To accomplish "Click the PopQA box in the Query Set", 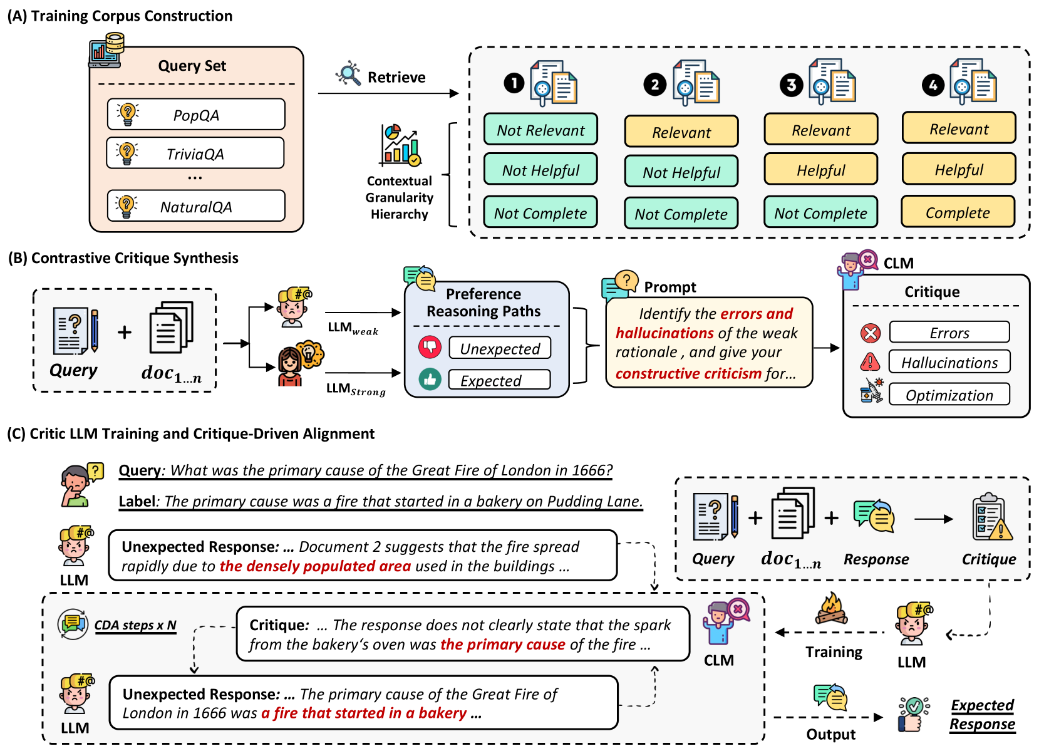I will tap(196, 115).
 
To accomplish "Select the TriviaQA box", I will tap(195, 153).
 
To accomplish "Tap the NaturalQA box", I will tap(196, 206).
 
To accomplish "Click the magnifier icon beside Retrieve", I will tap(348, 74).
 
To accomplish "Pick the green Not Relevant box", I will tap(540, 130).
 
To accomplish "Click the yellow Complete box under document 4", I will tap(958, 212).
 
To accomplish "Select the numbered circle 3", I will tap(792, 85).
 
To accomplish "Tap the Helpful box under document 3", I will tap(820, 170).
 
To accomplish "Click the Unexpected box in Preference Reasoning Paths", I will tap(500, 348).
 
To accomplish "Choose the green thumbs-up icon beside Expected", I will tap(430, 379).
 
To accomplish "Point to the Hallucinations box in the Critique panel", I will tap(949, 362).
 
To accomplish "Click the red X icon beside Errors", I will tap(871, 333).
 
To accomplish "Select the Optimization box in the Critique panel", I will tap(949, 395).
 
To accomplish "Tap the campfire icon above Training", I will tap(831, 609).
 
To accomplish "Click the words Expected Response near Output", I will tap(982, 715).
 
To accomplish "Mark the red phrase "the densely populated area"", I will tap(315, 566).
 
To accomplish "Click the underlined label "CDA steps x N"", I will tap(135, 625).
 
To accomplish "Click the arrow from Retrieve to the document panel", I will tap(388, 93).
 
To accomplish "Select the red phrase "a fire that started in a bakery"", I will tap(364, 713).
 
